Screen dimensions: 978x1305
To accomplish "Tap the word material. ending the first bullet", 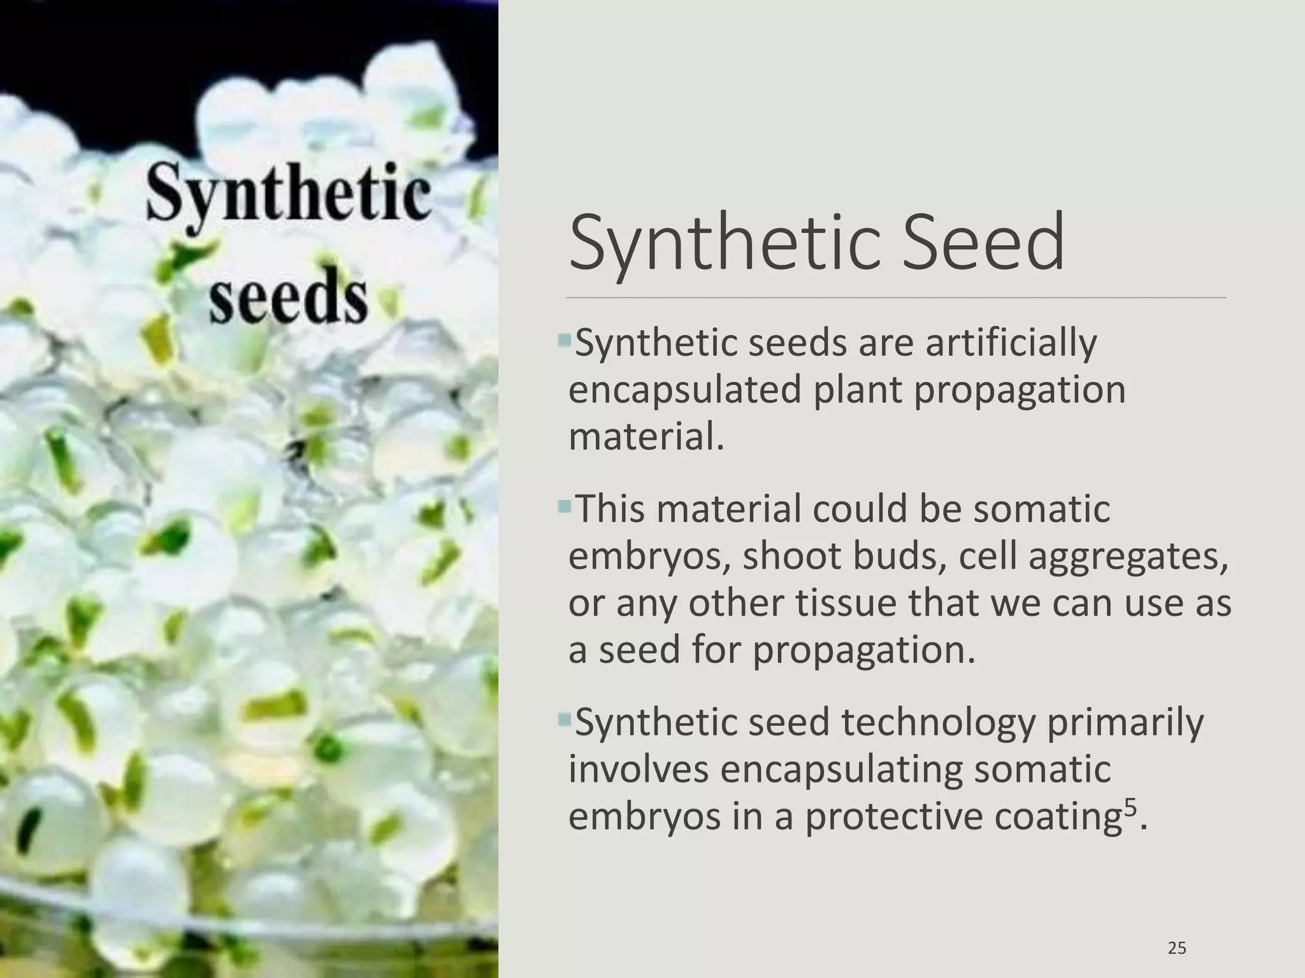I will click(x=646, y=437).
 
